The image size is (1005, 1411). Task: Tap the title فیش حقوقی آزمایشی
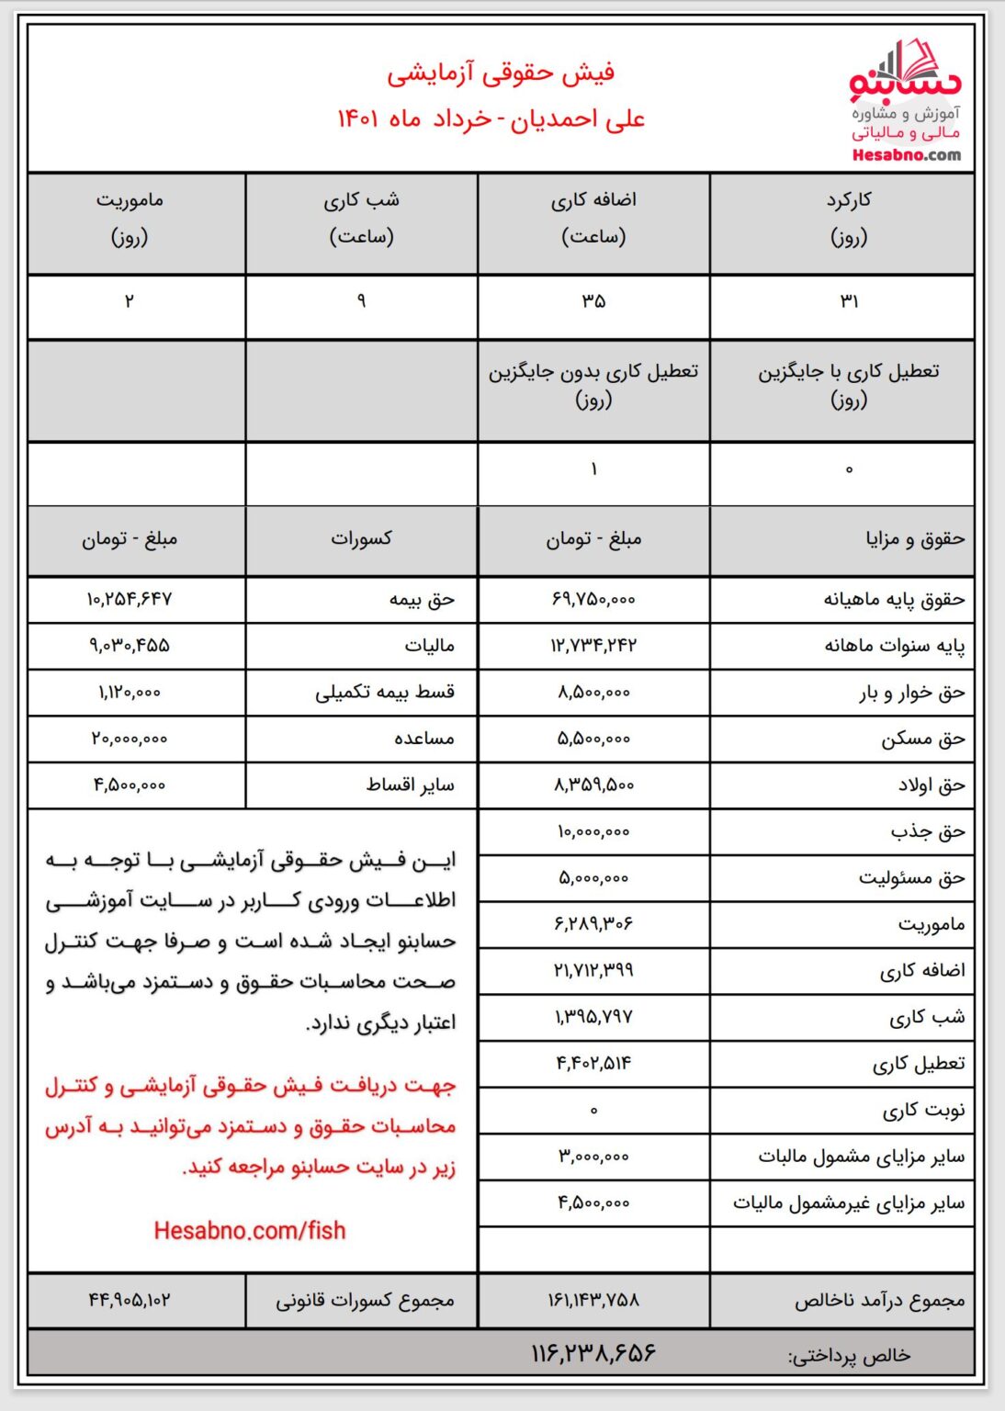tap(500, 73)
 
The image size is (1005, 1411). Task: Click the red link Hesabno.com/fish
tap(250, 1230)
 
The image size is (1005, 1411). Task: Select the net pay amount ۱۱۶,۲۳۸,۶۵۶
tap(593, 1353)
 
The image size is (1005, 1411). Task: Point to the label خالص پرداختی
tap(849, 1355)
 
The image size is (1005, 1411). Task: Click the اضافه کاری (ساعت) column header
tap(593, 219)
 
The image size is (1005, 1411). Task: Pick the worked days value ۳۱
tap(849, 301)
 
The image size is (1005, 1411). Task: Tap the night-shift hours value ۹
tap(362, 301)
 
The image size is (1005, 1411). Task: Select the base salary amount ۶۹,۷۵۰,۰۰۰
tap(593, 599)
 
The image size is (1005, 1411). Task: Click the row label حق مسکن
tap(923, 739)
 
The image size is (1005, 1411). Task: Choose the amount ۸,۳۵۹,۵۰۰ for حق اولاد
tap(593, 785)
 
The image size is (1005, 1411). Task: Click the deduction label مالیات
tap(430, 646)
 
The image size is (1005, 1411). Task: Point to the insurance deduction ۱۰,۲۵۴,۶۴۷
tap(130, 599)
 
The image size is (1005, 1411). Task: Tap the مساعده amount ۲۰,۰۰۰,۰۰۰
tap(130, 739)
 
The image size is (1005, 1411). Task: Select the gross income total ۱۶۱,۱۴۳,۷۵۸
tap(593, 1300)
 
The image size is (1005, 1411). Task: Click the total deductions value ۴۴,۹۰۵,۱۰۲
tap(130, 1300)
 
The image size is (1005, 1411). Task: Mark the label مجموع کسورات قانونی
tap(365, 1300)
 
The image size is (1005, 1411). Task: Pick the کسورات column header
tap(362, 538)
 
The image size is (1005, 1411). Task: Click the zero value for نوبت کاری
tap(593, 1110)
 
